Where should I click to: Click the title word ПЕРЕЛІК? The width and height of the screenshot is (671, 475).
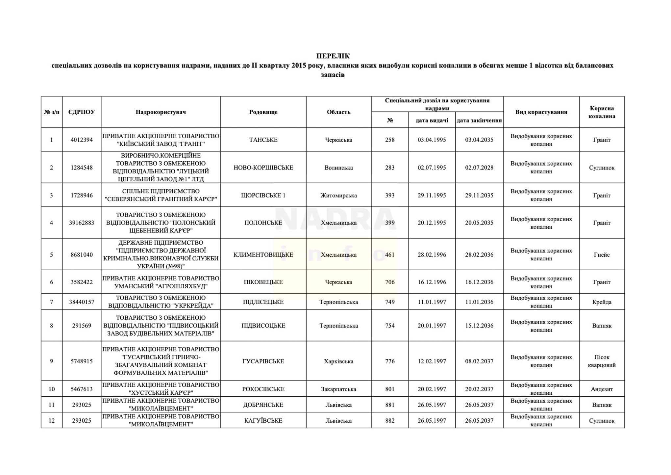click(x=333, y=56)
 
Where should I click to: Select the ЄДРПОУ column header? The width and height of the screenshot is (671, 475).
click(x=82, y=112)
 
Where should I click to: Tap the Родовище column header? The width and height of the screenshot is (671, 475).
click(x=263, y=112)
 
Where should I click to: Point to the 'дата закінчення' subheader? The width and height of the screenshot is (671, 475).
click(x=479, y=120)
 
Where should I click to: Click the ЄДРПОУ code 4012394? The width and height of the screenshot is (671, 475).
click(x=82, y=140)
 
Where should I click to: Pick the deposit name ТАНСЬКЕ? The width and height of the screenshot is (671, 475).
click(x=263, y=140)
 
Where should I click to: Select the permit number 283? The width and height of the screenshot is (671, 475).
click(x=390, y=168)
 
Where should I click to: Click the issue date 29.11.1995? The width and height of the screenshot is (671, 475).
click(x=432, y=195)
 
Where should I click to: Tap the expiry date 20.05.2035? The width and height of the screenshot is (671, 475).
click(x=479, y=223)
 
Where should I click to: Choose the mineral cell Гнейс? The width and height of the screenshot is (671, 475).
click(x=602, y=254)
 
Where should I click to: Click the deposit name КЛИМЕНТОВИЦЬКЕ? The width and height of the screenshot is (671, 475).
click(x=263, y=254)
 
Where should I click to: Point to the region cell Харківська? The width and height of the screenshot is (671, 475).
click(x=338, y=361)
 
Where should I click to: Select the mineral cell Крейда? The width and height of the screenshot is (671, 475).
click(x=602, y=302)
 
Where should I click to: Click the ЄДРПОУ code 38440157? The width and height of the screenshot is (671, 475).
click(x=82, y=302)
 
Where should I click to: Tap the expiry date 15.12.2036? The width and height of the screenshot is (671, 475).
click(x=479, y=326)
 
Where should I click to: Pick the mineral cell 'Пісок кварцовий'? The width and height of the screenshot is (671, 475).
click(x=602, y=361)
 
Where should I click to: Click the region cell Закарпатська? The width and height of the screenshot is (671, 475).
click(x=338, y=389)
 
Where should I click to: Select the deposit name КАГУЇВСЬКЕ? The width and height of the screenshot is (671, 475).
click(x=263, y=421)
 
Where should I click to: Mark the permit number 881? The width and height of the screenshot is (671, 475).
click(x=390, y=405)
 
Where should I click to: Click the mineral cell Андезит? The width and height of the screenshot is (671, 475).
click(x=602, y=389)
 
